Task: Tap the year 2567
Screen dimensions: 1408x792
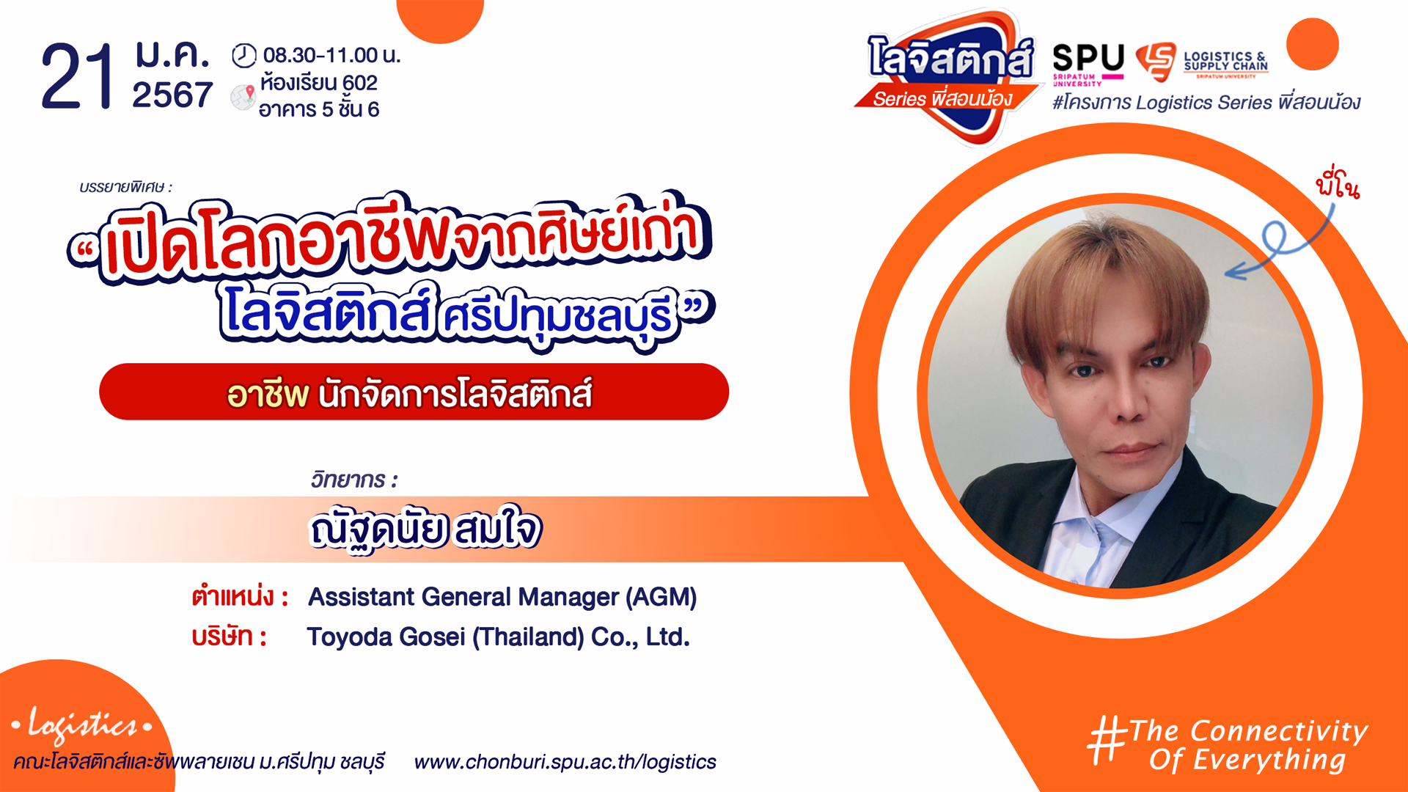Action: (172, 95)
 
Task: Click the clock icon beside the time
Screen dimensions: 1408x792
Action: (244, 55)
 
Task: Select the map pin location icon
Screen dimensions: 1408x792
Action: (243, 97)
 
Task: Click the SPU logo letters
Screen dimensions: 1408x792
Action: (1088, 58)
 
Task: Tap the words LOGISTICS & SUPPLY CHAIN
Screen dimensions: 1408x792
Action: (1225, 61)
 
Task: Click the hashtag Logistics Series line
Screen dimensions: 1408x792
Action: (1206, 102)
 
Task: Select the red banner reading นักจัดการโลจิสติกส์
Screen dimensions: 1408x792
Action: (414, 392)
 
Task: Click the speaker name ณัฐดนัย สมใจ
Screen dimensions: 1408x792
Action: (425, 529)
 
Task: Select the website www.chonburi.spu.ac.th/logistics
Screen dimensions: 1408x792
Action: (565, 762)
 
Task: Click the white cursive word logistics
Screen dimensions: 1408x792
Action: (82, 725)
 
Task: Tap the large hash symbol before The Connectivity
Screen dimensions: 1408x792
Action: (1107, 741)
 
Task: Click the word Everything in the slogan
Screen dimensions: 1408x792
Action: (1269, 760)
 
